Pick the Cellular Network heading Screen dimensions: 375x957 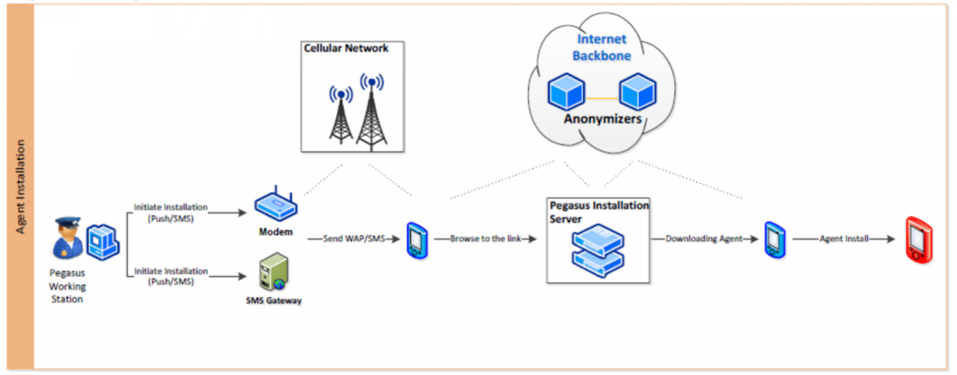coord(346,49)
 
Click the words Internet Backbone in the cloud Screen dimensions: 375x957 coord(603,47)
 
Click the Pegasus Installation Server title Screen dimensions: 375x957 coord(598,211)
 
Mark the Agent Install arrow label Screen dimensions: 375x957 coord(842,238)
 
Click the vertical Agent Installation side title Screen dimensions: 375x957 coord(21,188)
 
